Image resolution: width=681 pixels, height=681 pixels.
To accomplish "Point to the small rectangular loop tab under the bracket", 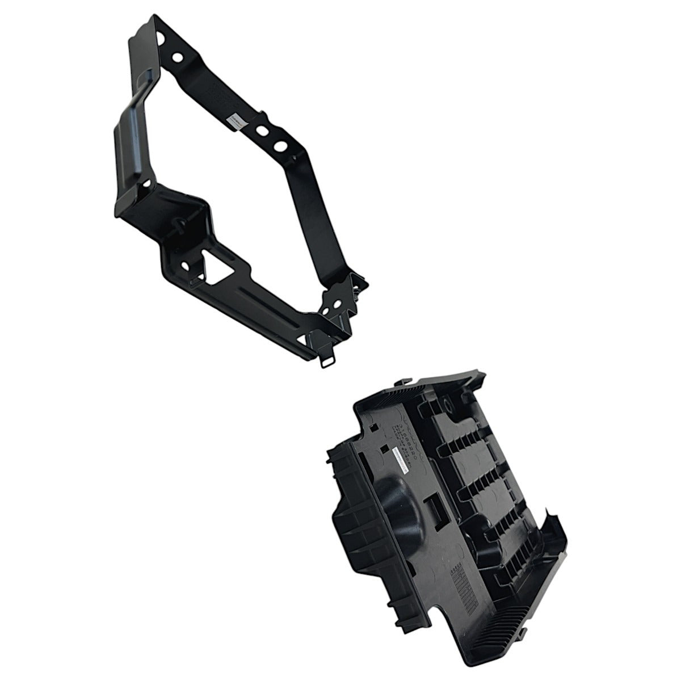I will coord(329,362).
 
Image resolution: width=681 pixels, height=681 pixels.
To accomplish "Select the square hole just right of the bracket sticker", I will coord(263,131).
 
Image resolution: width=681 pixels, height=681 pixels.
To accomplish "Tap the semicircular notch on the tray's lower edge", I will coord(448,628).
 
